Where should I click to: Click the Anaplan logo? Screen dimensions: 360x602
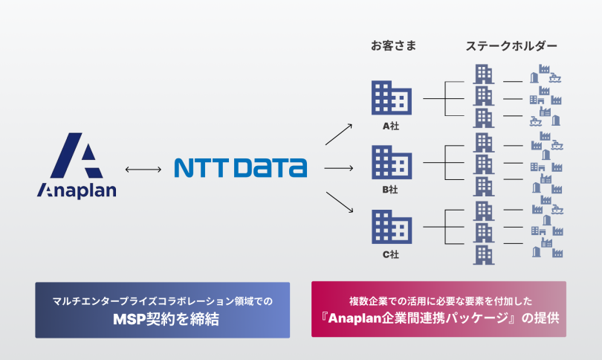coord(77,166)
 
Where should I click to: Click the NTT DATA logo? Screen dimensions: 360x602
coord(240,167)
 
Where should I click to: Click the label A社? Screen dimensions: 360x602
coord(391,126)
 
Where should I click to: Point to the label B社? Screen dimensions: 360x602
coord(391,190)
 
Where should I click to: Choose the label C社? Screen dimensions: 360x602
coord(391,255)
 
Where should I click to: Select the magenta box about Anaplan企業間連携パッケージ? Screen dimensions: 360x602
coord(438,309)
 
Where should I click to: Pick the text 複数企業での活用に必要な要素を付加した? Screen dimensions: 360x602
coord(438,300)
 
